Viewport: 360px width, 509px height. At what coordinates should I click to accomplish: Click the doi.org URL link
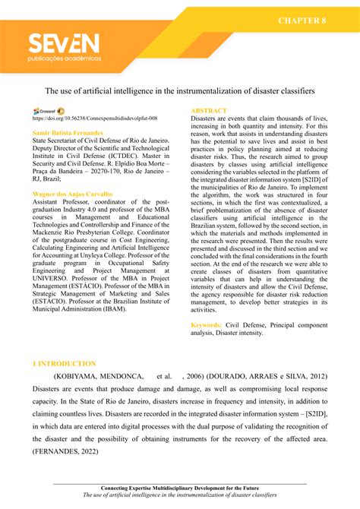[x=95, y=119]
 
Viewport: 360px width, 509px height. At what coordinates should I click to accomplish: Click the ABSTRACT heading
[x=209, y=111]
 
